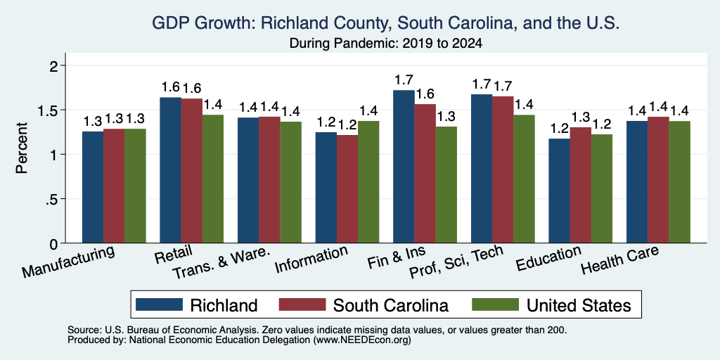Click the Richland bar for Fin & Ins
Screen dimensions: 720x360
pyautogui.click(x=404, y=167)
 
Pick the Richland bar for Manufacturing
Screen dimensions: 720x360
pyautogui.click(x=93, y=187)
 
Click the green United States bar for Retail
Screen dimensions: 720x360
pyautogui.click(x=213, y=179)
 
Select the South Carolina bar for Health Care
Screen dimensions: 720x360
pyautogui.click(x=658, y=180)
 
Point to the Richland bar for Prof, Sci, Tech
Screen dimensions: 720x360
pyautogui.click(x=482, y=169)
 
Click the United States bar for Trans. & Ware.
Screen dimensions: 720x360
pyautogui.click(x=290, y=182)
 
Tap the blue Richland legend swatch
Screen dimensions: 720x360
pyautogui.click(x=160, y=304)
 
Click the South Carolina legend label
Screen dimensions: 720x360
pyautogui.click(x=391, y=305)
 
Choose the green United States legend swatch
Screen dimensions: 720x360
pyautogui.click(x=495, y=304)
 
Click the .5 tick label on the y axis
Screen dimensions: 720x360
pyautogui.click(x=53, y=199)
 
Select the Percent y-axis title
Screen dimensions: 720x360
pyautogui.click(x=22, y=148)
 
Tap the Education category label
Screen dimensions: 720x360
pyautogui.click(x=548, y=259)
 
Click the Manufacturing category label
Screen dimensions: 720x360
pyautogui.click(x=68, y=262)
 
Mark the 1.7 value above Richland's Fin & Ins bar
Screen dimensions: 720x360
pyautogui.click(x=404, y=80)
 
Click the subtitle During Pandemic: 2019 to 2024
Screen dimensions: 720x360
pyautogui.click(x=386, y=44)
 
